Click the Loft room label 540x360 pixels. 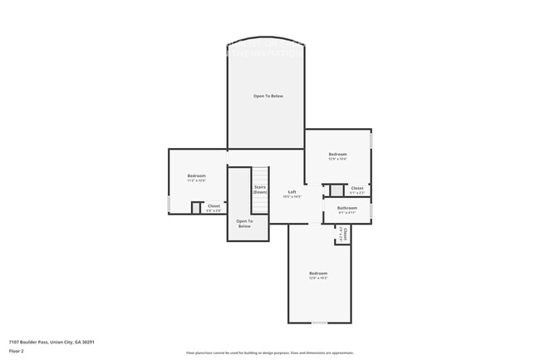point(292,191)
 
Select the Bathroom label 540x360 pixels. point(346,208)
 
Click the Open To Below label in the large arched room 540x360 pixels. point(268,96)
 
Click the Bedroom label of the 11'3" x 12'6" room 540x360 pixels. point(196,175)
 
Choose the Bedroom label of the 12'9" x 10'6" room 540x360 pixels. point(337,154)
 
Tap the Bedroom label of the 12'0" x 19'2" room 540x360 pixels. point(318,273)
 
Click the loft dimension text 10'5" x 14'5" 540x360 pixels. point(292,197)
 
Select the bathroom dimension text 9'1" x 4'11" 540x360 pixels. point(346,213)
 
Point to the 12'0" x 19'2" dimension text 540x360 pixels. point(318,278)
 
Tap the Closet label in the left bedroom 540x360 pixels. point(214,205)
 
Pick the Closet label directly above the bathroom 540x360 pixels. point(356,188)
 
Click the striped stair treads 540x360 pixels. point(261,176)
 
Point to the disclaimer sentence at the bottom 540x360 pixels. point(269,353)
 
